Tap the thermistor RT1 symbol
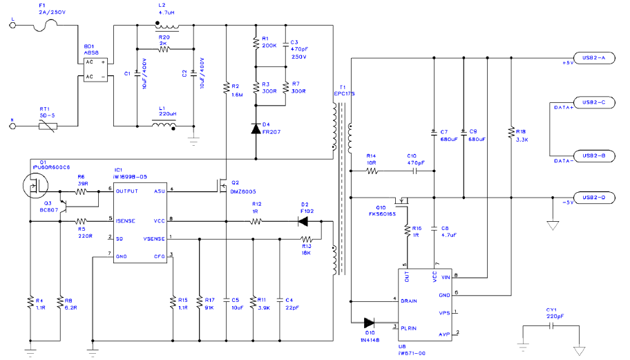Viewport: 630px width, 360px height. tap(48, 126)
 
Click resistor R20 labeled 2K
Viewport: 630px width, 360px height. tap(164, 49)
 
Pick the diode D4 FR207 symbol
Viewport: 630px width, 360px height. tap(256, 128)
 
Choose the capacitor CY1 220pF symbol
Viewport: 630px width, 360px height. tap(551, 325)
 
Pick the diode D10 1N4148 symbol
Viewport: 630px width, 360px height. tap(367, 322)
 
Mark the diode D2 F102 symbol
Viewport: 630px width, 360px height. tap(303, 221)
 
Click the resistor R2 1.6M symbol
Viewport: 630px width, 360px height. tap(226, 88)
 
